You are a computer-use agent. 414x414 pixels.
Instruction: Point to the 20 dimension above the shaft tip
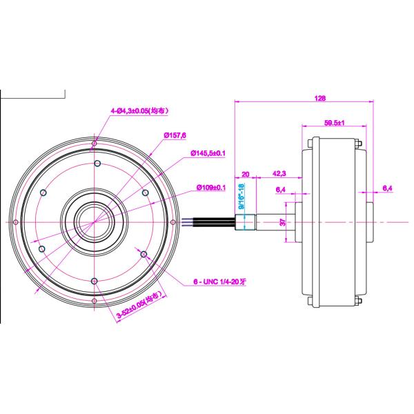tap(246, 174)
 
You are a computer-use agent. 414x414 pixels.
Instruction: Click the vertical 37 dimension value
tap(282, 222)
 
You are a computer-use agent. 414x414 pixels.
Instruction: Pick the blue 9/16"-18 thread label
tap(241, 196)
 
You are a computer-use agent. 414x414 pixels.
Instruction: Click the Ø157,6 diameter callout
tap(176, 135)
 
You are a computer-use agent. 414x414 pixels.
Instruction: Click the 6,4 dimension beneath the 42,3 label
tap(281, 189)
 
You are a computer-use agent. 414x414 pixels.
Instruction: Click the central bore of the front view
tap(94, 222)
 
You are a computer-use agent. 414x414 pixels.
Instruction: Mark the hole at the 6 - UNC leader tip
tap(144, 255)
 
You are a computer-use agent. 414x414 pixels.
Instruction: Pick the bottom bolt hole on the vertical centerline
tap(95, 280)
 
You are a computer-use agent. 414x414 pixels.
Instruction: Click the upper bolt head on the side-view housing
tap(360, 143)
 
